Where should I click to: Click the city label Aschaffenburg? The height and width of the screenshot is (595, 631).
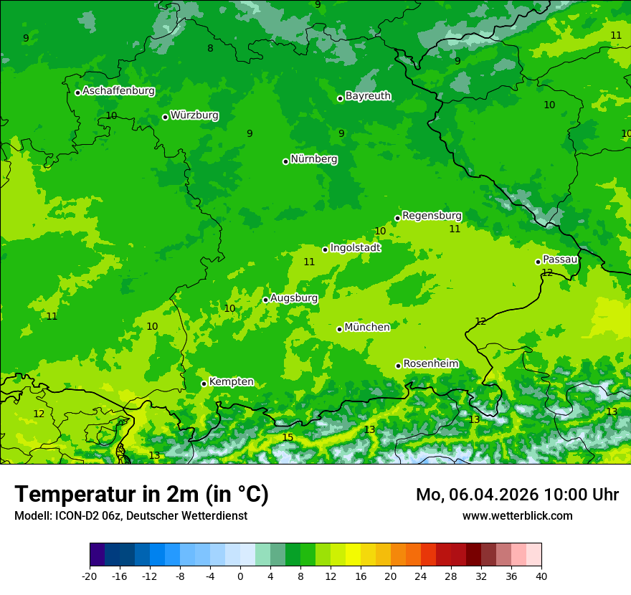(118, 91)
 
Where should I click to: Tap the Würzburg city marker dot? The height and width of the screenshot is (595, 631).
(165, 117)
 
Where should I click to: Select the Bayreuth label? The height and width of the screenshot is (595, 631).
(368, 96)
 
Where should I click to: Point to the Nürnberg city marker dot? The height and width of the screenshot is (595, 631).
(285, 161)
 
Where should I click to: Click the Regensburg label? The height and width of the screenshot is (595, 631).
(432, 216)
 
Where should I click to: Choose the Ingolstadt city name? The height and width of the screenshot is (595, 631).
(355, 248)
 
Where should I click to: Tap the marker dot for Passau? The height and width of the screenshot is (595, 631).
(538, 262)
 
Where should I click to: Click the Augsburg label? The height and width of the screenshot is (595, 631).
(294, 298)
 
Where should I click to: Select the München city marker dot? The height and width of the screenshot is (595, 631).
(339, 329)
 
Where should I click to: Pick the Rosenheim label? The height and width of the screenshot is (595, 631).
(430, 364)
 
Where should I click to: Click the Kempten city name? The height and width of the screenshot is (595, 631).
(231, 382)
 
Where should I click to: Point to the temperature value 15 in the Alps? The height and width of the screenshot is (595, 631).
(288, 438)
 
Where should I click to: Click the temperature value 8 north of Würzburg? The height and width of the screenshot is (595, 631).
(210, 49)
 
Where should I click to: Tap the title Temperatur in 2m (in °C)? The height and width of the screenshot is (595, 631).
(141, 495)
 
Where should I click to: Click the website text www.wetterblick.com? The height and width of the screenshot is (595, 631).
(517, 515)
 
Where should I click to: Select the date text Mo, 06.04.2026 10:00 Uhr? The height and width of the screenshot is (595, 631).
(517, 495)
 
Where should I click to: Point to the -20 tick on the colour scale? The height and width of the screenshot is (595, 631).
(90, 576)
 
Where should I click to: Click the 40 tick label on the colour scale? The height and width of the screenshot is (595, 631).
(541, 576)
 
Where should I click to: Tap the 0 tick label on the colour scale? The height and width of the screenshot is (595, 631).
(240, 576)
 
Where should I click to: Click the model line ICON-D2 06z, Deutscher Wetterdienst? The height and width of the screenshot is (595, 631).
(131, 515)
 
